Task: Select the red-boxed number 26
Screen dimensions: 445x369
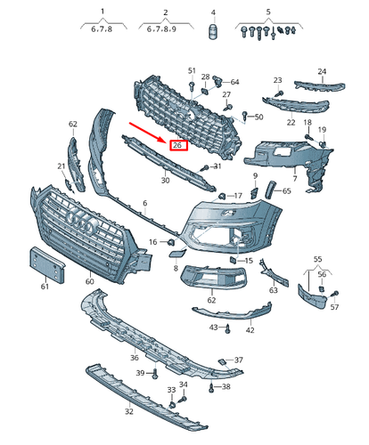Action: (177, 145)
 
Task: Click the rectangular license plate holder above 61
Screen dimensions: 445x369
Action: (44, 264)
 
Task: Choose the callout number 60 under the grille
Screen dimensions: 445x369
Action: (89, 282)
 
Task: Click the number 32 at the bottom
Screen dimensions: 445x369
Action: (128, 412)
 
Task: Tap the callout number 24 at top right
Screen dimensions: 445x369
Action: (322, 71)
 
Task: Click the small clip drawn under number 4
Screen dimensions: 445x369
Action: (213, 34)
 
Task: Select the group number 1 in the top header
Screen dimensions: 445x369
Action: (102, 12)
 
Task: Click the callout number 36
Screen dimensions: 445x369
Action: (134, 358)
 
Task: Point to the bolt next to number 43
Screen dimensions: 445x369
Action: (229, 328)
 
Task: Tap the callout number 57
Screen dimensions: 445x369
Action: (335, 307)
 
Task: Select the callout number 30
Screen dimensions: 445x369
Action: (165, 181)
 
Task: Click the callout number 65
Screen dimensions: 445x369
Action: (287, 190)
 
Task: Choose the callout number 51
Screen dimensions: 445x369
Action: (191, 70)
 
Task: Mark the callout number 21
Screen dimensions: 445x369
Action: (61, 166)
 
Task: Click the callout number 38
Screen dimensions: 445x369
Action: (225, 387)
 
